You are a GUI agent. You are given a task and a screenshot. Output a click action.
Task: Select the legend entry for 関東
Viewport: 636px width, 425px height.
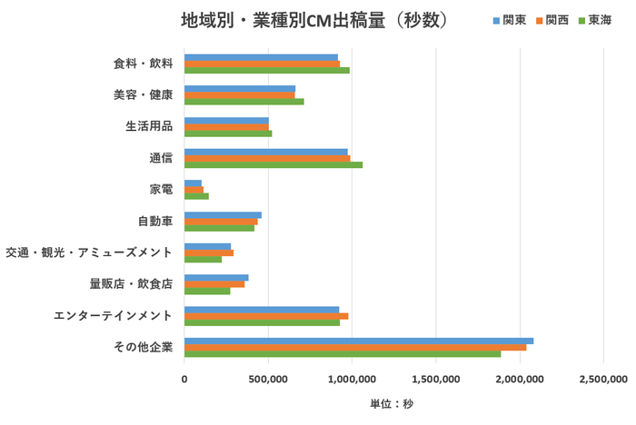point(509,20)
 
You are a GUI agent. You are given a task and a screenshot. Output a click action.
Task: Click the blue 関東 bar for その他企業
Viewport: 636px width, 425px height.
point(359,341)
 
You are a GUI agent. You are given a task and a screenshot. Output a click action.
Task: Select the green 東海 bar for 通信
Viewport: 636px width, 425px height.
point(273,164)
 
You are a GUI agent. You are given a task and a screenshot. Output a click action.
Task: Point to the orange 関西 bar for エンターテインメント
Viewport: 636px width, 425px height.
point(266,316)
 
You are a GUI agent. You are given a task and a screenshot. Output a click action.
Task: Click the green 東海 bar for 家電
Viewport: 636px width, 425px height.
point(196,196)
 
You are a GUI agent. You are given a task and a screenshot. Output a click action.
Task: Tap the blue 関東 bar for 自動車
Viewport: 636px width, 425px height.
point(223,214)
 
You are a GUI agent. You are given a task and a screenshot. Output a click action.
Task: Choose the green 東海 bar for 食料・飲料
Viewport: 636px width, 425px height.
point(267,70)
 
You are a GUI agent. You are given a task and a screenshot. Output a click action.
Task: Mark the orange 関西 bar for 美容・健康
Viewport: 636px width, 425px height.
point(240,95)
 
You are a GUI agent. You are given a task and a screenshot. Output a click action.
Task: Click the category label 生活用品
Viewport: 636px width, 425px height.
point(149,126)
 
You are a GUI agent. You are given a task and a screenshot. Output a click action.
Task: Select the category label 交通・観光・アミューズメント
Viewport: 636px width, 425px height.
point(89,252)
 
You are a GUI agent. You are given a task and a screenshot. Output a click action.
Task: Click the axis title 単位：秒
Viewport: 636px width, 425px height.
point(391,403)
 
